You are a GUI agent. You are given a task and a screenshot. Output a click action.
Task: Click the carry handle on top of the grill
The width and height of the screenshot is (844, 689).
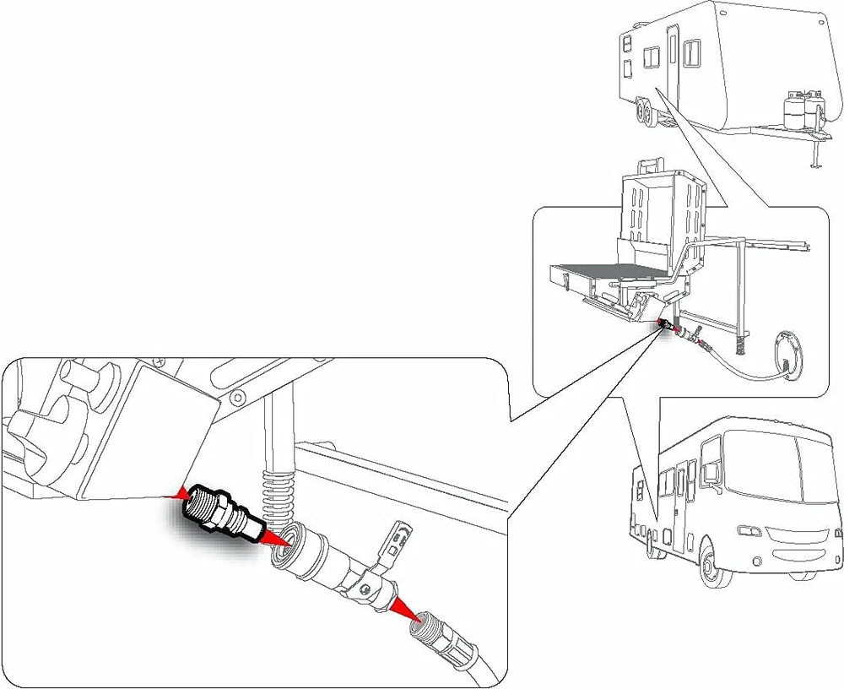650,164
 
